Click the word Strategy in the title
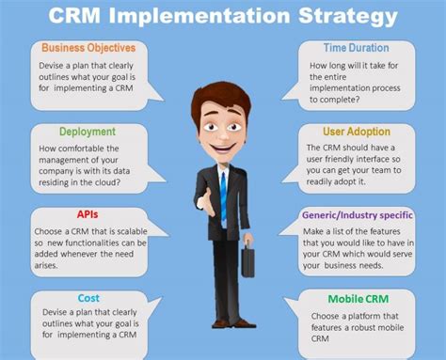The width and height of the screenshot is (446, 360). pos(326,17)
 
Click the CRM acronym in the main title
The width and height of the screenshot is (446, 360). pos(75,17)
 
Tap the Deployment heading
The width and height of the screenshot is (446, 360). pos(88,133)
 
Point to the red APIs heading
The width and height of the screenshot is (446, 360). pos(88,214)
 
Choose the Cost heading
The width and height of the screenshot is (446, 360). pos(88,297)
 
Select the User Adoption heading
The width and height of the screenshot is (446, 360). pos(356,133)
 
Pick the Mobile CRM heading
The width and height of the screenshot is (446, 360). pos(356,298)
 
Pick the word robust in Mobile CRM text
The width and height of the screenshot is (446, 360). pos(360,326)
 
